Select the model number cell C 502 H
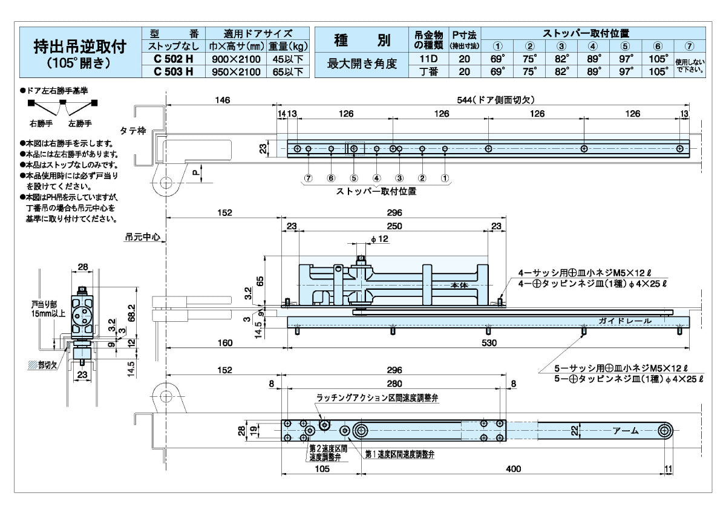click(173, 59)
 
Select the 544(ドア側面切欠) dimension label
click(495, 100)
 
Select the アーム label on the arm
click(626, 430)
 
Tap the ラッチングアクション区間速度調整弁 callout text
click(386, 399)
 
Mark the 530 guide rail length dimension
click(489, 343)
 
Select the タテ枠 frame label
click(132, 129)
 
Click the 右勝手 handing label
click(41, 123)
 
